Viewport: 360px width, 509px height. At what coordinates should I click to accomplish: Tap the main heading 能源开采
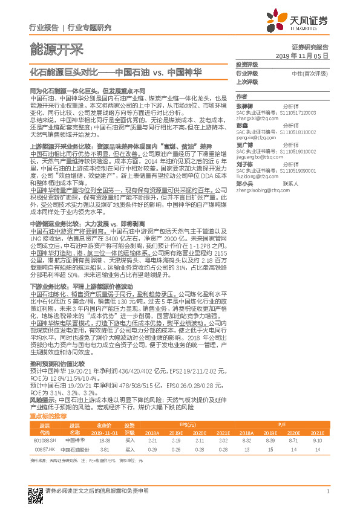click(x=56, y=49)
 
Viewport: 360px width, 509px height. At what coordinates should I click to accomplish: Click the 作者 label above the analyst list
click(x=241, y=97)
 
